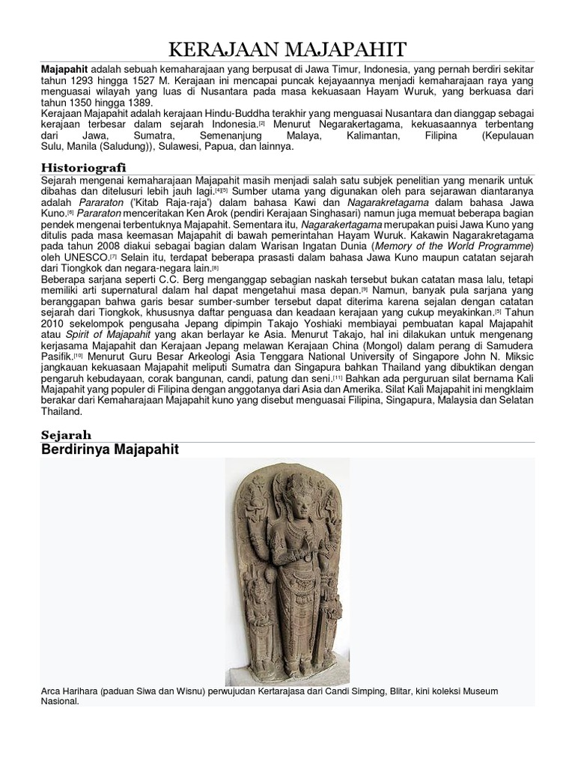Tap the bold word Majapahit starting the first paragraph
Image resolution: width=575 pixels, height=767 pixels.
coord(64,68)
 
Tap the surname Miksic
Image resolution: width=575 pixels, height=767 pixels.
coord(519,357)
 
